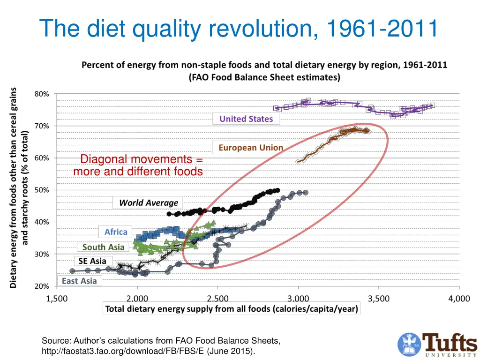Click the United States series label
tap(246, 119)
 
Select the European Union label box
tap(251, 148)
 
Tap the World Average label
tap(149, 202)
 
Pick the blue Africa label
tap(116, 232)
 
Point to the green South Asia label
tap(103, 247)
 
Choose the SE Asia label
tap(92, 261)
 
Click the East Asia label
tap(79, 281)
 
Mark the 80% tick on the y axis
tap(41, 94)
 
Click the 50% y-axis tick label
tap(41, 190)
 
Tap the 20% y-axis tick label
tap(41, 286)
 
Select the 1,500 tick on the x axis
tap(57, 299)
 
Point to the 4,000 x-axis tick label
tap(459, 299)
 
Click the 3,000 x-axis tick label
tap(298, 299)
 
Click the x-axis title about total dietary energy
tap(232, 308)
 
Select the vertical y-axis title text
tap(19, 187)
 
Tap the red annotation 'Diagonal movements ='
tap(142, 160)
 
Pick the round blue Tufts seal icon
tap(409, 344)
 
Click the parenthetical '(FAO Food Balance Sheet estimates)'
tap(264, 77)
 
